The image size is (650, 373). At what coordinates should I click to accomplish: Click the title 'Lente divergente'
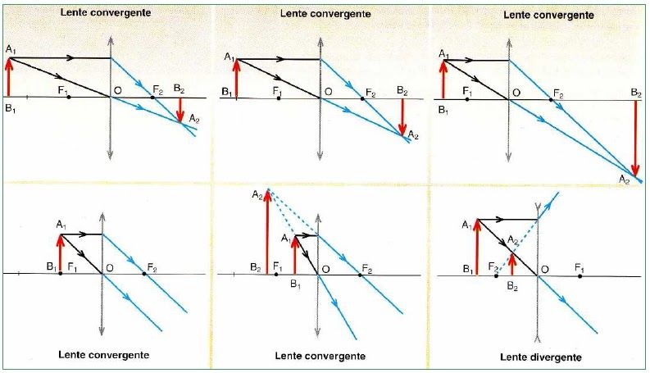tap(542, 357)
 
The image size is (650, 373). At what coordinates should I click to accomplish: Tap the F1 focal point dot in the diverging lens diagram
tap(580, 275)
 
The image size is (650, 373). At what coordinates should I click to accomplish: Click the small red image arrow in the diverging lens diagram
tap(512, 263)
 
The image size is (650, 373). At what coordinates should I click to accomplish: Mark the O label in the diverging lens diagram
tap(546, 267)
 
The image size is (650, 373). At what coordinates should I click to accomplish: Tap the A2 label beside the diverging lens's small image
tap(511, 239)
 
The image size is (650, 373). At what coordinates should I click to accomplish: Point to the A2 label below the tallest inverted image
tap(624, 178)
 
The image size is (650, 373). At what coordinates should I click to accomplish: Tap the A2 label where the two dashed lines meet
tap(257, 194)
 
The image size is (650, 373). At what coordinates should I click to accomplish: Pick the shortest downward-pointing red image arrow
tap(181, 108)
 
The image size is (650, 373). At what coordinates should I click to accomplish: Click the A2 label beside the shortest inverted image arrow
tap(193, 121)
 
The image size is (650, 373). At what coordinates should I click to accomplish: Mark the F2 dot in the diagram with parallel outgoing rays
tap(144, 274)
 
